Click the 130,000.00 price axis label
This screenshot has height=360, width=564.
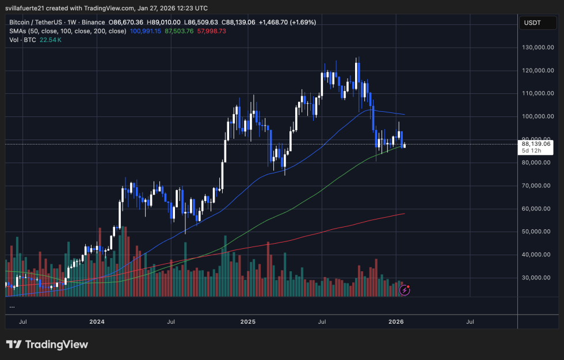(538, 47)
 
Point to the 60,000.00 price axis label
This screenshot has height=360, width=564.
(538, 209)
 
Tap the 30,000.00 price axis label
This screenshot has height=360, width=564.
(538, 278)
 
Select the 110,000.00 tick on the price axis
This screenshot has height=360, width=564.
(538, 93)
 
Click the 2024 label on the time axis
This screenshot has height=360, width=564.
(96, 322)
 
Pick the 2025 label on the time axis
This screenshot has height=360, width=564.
(247, 322)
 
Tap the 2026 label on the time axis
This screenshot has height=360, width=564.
(396, 322)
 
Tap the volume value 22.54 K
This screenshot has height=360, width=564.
(51, 40)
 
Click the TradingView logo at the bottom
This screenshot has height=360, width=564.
(47, 344)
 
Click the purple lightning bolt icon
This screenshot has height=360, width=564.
(405, 290)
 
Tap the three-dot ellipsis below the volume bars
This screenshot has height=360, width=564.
(12, 306)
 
